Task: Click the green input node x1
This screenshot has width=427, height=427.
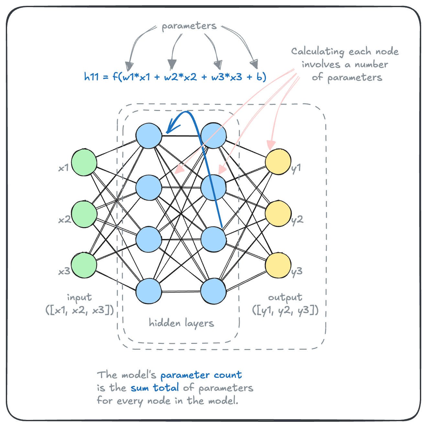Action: click(84, 162)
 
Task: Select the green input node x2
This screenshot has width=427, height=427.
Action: click(84, 214)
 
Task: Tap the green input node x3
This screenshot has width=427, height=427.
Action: click(84, 265)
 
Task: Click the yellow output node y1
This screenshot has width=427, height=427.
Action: click(278, 162)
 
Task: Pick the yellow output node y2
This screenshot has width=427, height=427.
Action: click(278, 213)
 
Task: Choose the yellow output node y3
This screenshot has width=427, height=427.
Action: click(278, 265)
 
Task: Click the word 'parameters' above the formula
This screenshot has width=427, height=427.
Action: click(189, 26)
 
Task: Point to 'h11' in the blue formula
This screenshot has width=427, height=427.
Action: click(91, 77)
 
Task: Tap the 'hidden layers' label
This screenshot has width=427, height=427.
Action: click(181, 323)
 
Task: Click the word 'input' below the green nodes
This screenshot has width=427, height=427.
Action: click(79, 297)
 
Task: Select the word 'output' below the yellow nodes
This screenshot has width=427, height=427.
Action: click(285, 297)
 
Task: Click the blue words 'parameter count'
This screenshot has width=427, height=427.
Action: click(201, 375)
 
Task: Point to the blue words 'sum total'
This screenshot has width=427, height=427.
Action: click(155, 388)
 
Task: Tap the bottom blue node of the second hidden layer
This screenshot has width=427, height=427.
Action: click(213, 291)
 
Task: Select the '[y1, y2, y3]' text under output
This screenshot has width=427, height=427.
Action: click(285, 311)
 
